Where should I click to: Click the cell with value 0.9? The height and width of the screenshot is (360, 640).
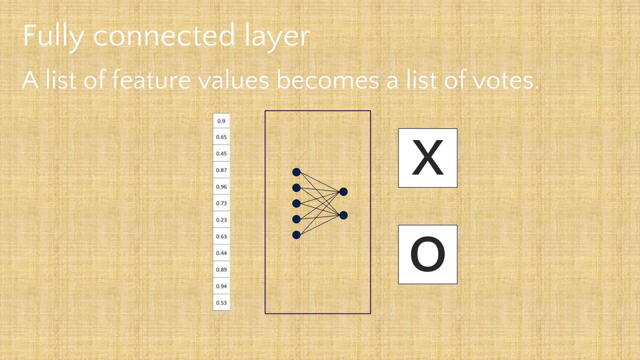pos(221,121)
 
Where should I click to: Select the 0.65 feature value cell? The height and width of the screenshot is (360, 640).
pos(221,137)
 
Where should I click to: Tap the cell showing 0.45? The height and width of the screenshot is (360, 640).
pos(221,153)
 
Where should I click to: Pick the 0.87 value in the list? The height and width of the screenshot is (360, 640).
pos(221,170)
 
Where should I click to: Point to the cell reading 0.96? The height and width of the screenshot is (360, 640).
pos(221,187)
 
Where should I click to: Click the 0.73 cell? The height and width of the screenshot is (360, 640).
pos(221,203)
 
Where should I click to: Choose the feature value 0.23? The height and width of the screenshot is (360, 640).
pos(221,220)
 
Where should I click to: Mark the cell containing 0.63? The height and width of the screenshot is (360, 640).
pos(221,236)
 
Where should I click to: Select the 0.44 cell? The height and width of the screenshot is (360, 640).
pos(221,253)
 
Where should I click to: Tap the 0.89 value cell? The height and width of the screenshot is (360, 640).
pos(221,269)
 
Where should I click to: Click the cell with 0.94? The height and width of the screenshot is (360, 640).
pos(221,286)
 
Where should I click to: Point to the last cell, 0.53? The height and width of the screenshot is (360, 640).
pos(221,302)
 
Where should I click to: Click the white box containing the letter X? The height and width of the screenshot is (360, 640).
pos(427,158)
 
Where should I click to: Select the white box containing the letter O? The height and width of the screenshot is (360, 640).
pos(427,254)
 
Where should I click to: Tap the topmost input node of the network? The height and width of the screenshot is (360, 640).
pos(296,172)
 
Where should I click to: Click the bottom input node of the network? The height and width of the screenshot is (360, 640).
pos(296,235)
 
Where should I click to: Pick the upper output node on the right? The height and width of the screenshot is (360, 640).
pos(343,192)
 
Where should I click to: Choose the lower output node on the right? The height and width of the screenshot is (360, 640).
pos(343,215)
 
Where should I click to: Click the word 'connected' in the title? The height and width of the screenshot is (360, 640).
pos(164,36)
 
